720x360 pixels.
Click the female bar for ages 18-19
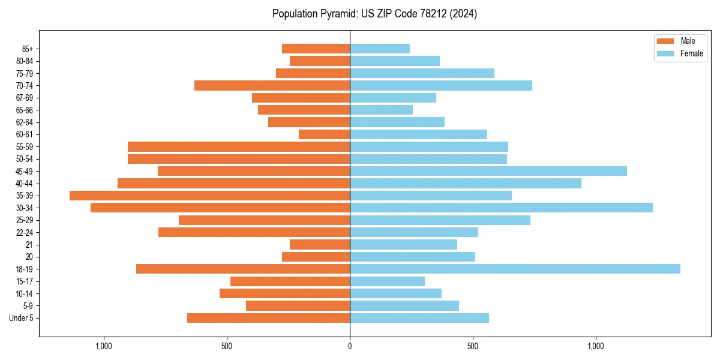coord(515,269)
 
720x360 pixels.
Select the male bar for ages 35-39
coord(210,196)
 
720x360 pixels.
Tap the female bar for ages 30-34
coord(501,208)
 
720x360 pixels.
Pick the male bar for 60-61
coord(324,134)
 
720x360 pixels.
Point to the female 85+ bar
coord(380,49)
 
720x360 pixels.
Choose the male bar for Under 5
coord(268,318)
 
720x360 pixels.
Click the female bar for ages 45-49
coord(488,171)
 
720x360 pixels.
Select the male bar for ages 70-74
coord(272,85)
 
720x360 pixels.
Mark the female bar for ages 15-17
coord(387,281)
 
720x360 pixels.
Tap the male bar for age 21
coord(320,245)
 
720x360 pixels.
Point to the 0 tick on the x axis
coord(350,346)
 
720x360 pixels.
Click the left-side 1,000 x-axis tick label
coord(104,346)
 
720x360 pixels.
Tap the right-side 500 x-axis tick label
coord(473,346)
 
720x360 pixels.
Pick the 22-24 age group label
coord(25,233)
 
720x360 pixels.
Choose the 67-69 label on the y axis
coord(25,98)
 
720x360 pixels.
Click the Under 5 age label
coord(22,318)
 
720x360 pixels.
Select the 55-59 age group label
coord(25,147)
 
